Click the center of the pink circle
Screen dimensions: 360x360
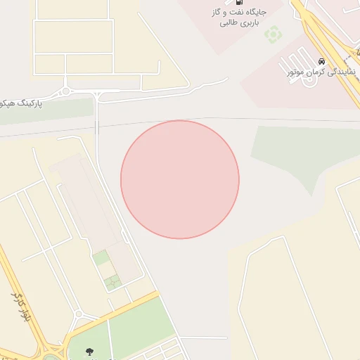coord(180,179)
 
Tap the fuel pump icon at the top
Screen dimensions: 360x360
coord(240,3)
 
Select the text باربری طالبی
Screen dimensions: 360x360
coord(240,23)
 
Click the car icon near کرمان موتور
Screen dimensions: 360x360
coord(321,61)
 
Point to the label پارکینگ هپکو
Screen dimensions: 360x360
coord(22,103)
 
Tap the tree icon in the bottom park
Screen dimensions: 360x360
coord(89,352)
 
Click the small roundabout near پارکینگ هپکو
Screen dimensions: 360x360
coord(65,91)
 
